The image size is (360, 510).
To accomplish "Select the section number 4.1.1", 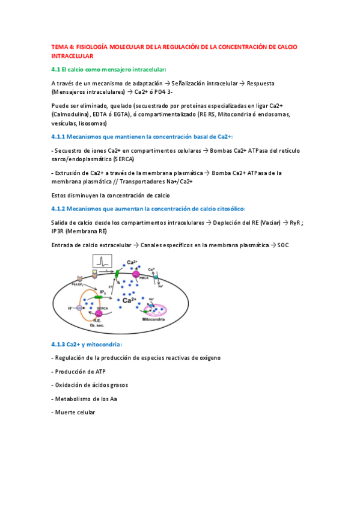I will click(x=59, y=137).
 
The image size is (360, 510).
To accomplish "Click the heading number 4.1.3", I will click(x=59, y=344).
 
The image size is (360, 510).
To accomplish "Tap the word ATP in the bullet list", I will click(x=88, y=371).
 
